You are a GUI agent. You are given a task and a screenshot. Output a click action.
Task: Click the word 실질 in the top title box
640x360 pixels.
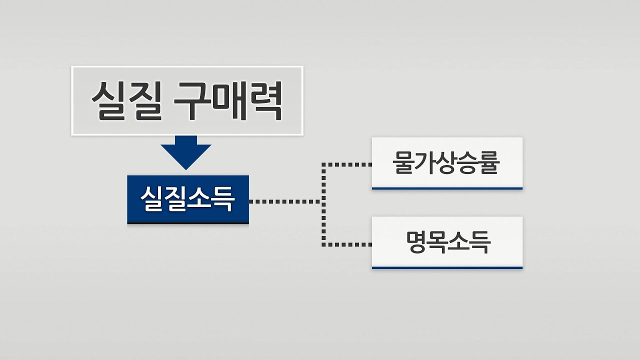(x=127, y=101)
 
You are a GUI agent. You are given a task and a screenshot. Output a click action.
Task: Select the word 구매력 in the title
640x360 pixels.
(x=227, y=101)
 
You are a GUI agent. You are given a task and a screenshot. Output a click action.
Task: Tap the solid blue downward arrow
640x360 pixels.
(x=186, y=152)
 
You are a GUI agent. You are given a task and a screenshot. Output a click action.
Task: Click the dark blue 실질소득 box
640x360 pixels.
(x=188, y=199)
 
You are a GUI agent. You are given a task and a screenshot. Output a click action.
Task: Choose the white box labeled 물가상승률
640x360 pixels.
(x=447, y=163)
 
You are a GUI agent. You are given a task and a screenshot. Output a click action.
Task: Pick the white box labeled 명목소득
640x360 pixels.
(x=447, y=242)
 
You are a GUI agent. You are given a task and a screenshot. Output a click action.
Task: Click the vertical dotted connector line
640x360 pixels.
(x=323, y=204)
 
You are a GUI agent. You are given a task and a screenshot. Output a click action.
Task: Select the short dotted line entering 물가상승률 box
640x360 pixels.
(x=347, y=164)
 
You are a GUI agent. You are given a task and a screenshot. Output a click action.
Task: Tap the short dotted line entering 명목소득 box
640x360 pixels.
(x=347, y=244)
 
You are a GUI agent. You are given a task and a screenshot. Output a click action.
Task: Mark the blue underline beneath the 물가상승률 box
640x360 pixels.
(x=447, y=188)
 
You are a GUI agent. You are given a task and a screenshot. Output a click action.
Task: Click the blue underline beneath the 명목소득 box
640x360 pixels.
(x=447, y=267)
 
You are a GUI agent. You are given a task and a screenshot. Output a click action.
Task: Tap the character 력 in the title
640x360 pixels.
(x=265, y=101)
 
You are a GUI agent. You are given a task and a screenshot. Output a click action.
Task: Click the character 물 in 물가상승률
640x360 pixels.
(x=403, y=162)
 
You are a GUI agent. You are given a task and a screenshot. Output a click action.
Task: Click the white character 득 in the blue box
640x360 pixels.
(x=223, y=199)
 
